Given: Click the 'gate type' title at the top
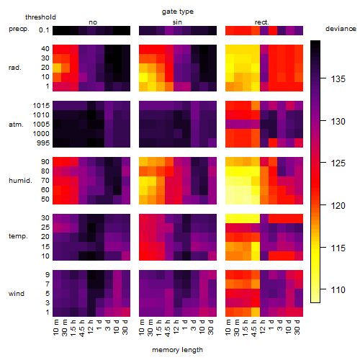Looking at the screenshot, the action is pyautogui.click(x=178, y=12).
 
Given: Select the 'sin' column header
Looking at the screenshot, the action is pyautogui.click(x=177, y=22).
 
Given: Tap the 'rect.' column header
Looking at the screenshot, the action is pyautogui.click(x=261, y=22).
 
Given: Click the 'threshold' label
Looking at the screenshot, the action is pyautogui.click(x=40, y=17).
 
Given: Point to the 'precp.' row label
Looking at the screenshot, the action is pyautogui.click(x=19, y=29).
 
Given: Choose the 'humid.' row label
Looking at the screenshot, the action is pyautogui.click(x=20, y=181).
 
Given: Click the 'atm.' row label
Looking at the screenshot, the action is pyautogui.click(x=16, y=125).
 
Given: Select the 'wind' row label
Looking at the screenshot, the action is pyautogui.click(x=17, y=294).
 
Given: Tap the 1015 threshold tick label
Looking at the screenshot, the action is pyautogui.click(x=41, y=106).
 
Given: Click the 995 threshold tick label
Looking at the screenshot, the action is pyautogui.click(x=43, y=143).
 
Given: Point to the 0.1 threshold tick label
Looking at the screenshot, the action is pyautogui.click(x=44, y=30).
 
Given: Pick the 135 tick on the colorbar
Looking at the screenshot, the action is pyautogui.click(x=338, y=79).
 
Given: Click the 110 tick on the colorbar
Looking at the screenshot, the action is pyautogui.click(x=338, y=289).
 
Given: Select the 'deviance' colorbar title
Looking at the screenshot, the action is pyautogui.click(x=341, y=29).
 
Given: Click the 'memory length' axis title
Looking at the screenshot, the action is pyautogui.click(x=177, y=350).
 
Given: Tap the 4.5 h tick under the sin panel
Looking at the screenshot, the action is pyautogui.click(x=168, y=328).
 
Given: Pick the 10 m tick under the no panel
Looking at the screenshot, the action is pyautogui.click(x=55, y=327).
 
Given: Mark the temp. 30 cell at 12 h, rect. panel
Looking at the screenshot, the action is pyautogui.click(x=264, y=218).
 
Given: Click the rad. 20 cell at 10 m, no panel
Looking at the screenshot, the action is pyautogui.click(x=57, y=68).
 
